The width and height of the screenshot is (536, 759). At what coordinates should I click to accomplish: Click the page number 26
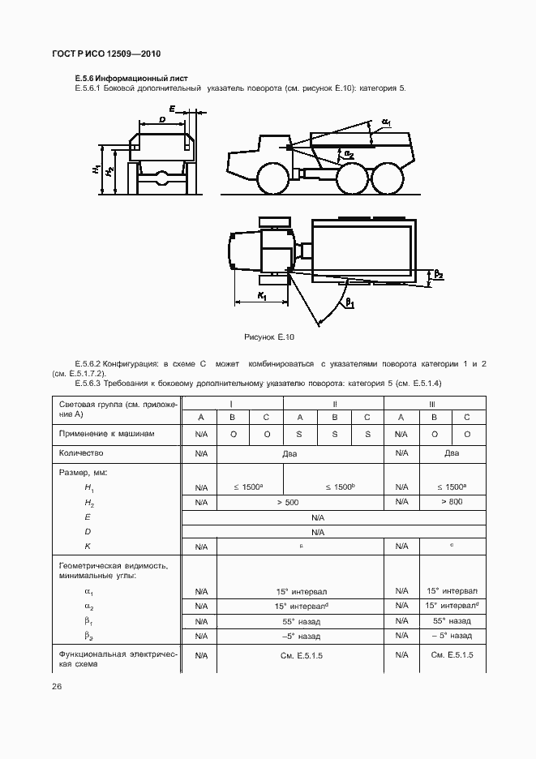56,687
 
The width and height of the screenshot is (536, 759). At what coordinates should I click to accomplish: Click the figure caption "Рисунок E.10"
269,336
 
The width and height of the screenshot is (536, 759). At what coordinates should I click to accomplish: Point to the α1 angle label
386,122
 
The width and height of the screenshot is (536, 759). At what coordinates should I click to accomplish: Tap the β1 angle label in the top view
349,303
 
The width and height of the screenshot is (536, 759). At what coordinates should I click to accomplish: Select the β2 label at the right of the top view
439,275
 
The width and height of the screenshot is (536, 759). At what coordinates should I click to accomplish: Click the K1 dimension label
263,296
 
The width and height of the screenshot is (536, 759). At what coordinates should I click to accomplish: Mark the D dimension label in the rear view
163,119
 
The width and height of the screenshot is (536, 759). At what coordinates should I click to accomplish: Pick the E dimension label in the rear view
172,108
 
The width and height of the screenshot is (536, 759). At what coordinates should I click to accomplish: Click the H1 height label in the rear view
96,170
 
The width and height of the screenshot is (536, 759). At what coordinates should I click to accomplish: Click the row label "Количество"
82,453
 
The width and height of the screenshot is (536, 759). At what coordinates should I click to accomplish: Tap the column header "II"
333,403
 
